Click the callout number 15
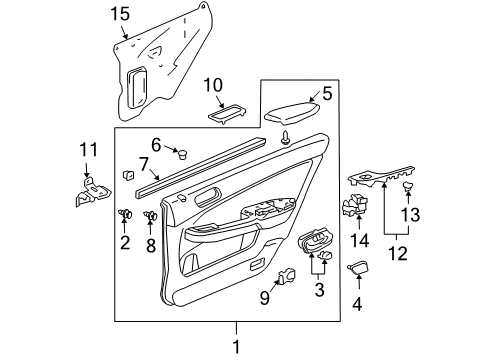120,14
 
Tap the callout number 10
213,85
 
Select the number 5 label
327,94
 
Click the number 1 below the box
236,347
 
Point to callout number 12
398,254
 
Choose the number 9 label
265,298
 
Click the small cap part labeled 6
182,154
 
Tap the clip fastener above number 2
125,214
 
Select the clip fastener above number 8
150,215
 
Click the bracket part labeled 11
92,192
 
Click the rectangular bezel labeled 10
228,114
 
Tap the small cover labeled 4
358,268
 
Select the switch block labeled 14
355,205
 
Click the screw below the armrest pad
285,137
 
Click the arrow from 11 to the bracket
86,170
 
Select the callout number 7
143,164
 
